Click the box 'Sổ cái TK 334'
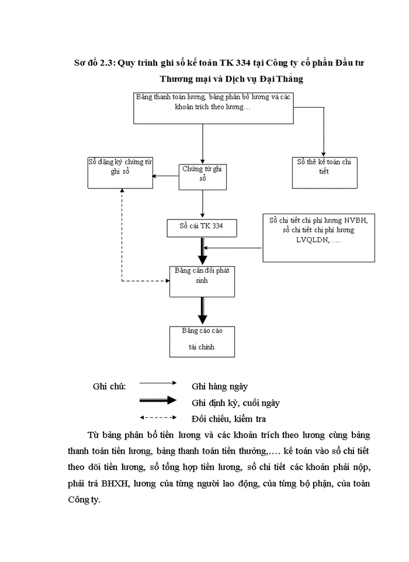point(202,227)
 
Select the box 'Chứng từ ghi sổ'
point(202,176)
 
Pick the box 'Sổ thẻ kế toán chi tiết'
point(324,172)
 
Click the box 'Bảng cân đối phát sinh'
point(202,281)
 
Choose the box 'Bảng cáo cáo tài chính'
point(202,341)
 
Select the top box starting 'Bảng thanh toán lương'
point(214,107)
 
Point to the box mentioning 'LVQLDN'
point(318,237)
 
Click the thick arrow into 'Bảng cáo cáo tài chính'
point(202,311)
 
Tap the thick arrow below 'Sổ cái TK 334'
point(202,251)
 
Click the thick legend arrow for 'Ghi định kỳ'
point(158,400)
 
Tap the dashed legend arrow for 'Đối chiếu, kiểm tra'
point(158,417)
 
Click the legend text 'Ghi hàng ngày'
point(220,386)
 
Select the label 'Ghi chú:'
point(109,386)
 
